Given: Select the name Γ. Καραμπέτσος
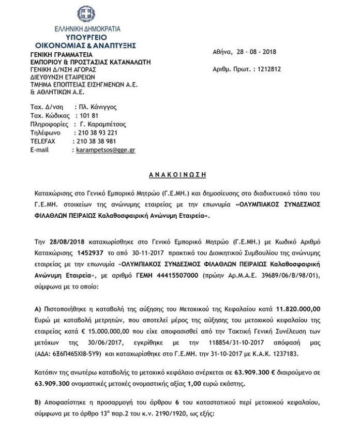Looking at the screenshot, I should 103,124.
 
